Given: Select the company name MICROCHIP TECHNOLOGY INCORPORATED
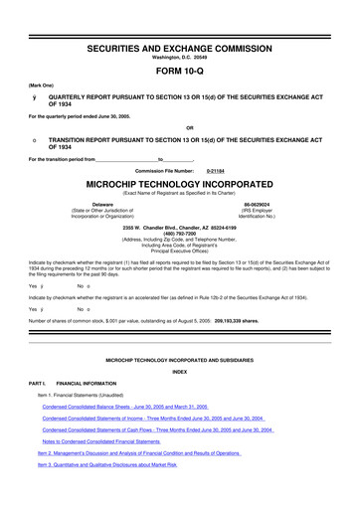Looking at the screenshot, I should (179, 185).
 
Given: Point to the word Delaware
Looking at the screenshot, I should (101, 204).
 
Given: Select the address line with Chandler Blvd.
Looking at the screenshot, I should (179, 227).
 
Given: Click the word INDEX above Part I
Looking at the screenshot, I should (179, 371).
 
